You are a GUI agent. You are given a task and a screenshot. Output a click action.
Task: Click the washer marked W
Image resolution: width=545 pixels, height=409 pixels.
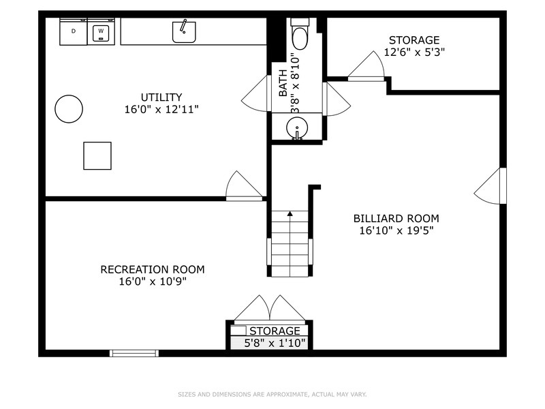pos(102,31)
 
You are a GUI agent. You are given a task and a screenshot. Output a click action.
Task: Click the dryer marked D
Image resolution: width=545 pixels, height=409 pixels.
pos(73,31)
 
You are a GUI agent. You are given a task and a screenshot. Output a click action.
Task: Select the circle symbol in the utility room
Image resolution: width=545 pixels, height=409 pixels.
pos(69,108)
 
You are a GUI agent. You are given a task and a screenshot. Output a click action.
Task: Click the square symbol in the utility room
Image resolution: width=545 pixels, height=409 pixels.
pos(97,155)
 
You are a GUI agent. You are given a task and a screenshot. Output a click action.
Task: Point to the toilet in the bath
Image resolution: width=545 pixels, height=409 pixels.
pos(300,33)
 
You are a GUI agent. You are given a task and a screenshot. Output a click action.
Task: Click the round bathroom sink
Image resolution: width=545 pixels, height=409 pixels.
pos(297,127)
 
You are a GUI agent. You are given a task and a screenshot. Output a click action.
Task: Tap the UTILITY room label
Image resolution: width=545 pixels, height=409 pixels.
pos(161,97)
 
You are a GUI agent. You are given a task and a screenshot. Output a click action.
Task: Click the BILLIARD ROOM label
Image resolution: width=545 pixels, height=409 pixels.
pos(396,218)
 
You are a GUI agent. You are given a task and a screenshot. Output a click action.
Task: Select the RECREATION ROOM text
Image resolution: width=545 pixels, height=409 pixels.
pos(152,269)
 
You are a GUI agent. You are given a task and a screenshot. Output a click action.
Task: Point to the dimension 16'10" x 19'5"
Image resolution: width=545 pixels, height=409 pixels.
pos(396,230)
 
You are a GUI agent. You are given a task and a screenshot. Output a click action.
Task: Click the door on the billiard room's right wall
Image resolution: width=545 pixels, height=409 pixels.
pos(491,185)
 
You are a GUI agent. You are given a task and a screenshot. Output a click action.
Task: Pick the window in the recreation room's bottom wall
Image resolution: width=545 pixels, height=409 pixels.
pos(134,353)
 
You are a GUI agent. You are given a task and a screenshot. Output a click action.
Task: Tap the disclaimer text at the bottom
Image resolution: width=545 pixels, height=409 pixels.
pos(272,394)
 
